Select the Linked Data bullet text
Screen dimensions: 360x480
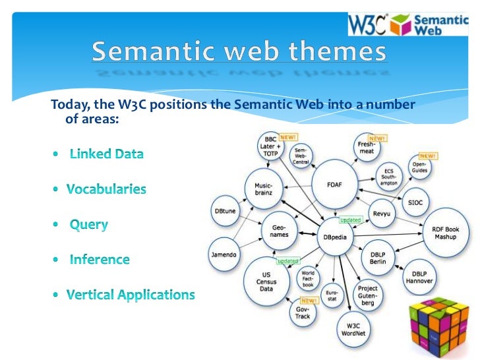pyautogui.click(x=106, y=154)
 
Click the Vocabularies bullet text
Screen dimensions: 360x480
pyautogui.click(x=106, y=189)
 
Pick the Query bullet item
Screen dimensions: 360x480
pyautogui.click(x=89, y=224)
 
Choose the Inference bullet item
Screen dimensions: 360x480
pyautogui.click(x=100, y=259)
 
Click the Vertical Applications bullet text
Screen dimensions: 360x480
pyautogui.click(x=131, y=294)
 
